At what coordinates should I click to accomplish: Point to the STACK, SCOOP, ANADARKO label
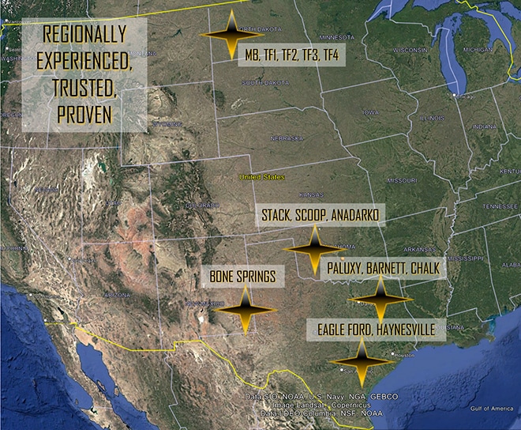320,216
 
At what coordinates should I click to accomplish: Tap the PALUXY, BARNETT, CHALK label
383,269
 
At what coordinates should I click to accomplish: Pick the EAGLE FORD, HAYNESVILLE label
375,327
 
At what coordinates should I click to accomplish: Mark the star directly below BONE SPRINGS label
246,309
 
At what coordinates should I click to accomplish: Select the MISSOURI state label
403,179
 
